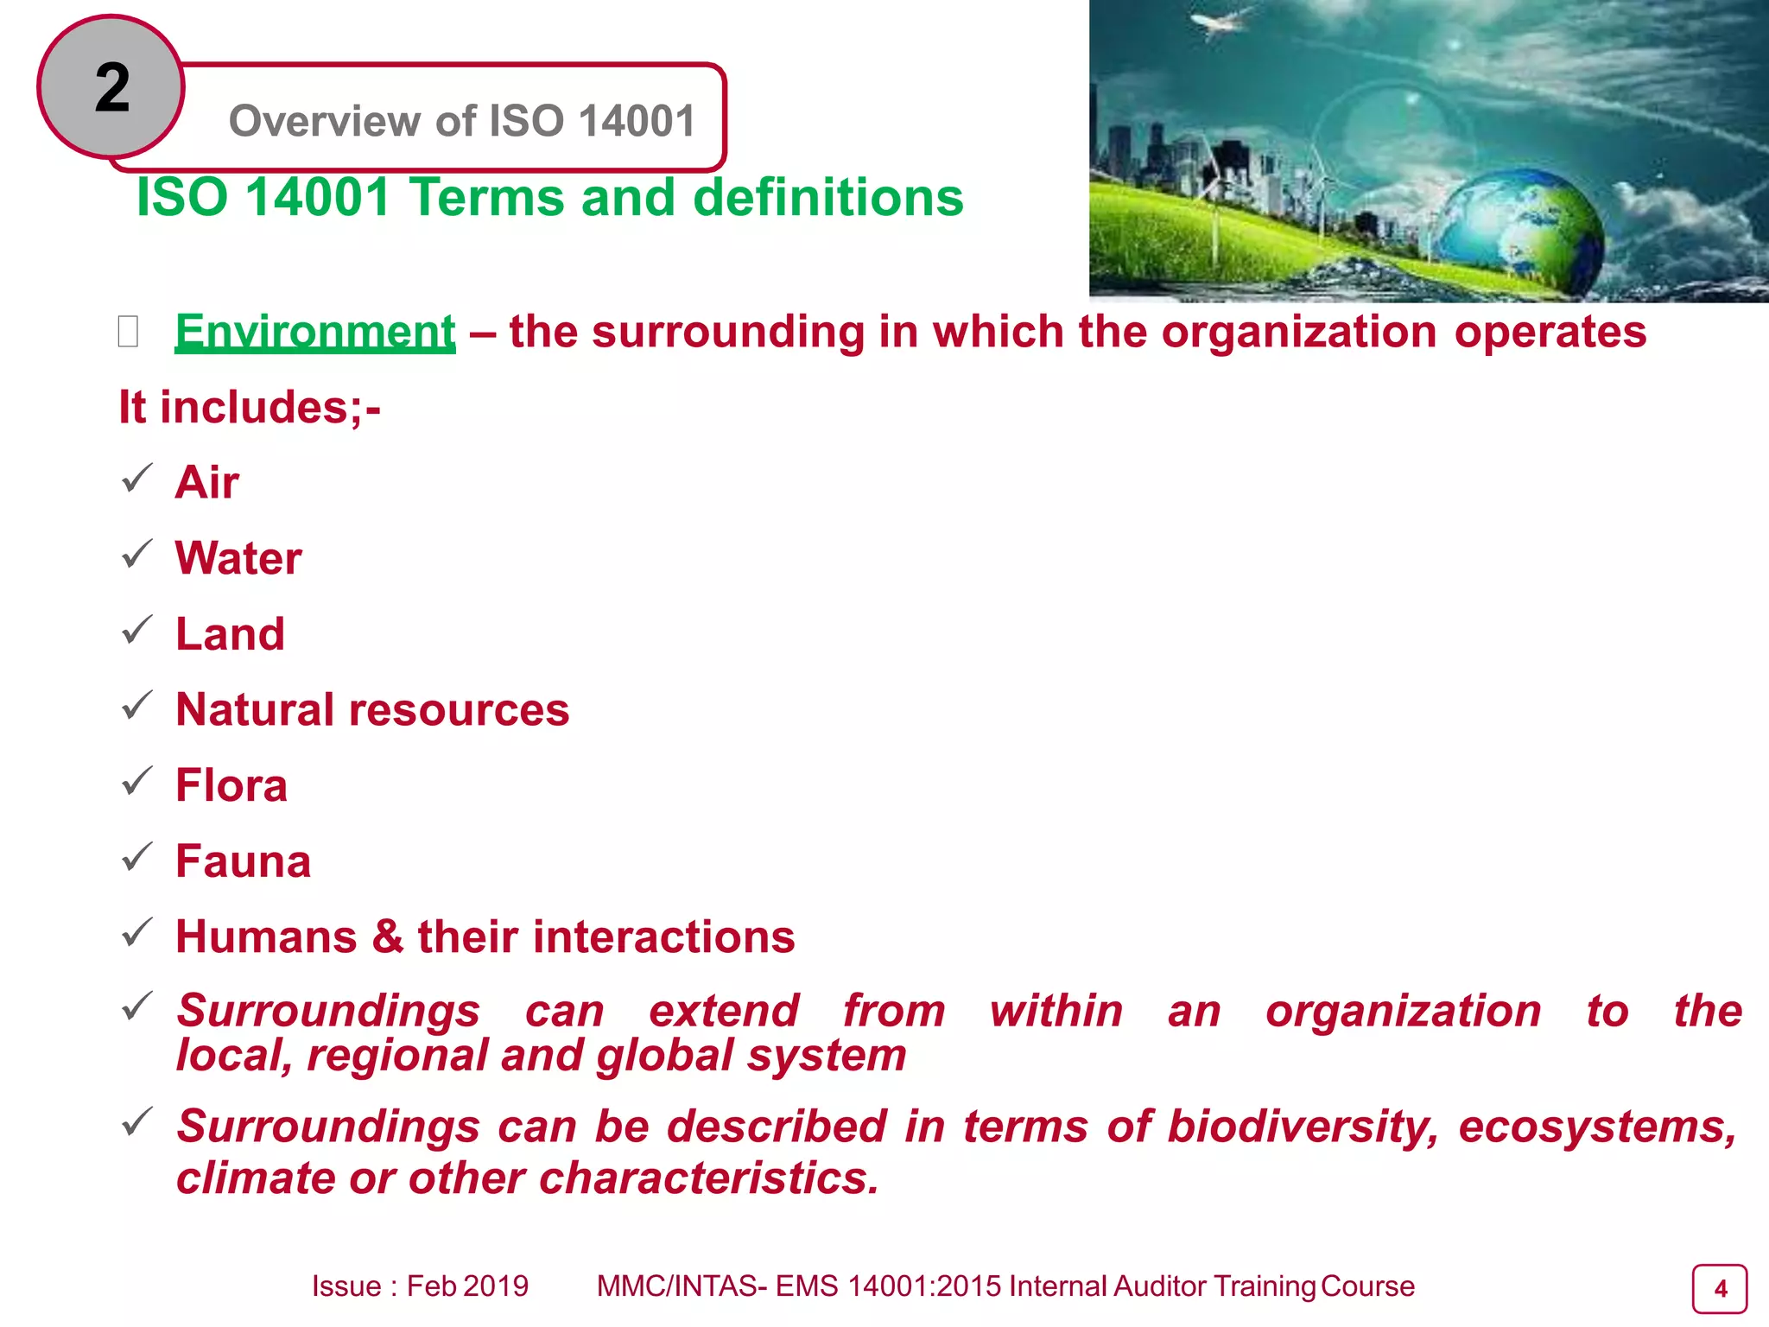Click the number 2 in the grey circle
coord(112,88)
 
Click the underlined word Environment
coord(315,332)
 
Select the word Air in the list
coord(207,482)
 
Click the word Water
coord(238,558)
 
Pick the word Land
coord(230,634)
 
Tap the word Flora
coord(231,785)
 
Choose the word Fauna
coord(243,861)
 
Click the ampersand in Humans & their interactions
coord(388,937)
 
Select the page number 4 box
coord(1719,1289)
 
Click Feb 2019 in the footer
coord(467,1286)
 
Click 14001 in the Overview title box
coord(637,121)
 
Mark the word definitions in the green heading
coord(828,198)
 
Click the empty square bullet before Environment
coord(128,332)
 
